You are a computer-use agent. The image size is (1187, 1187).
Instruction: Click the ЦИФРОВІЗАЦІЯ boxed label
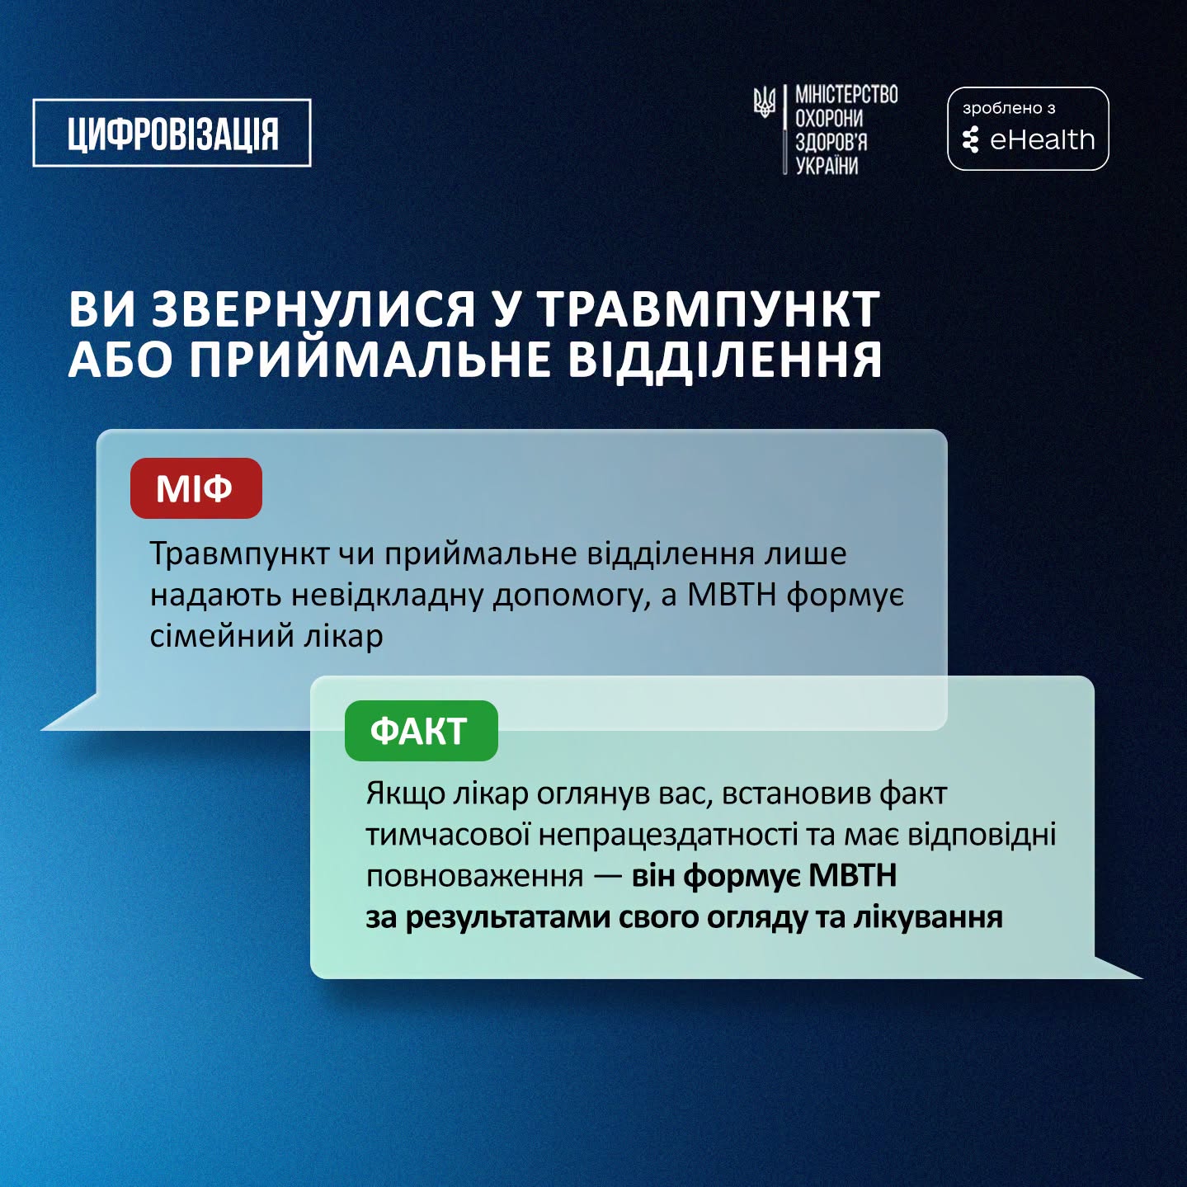click(172, 133)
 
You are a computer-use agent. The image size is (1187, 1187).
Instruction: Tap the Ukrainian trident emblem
click(765, 102)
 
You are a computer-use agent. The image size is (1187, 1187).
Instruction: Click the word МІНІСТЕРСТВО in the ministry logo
click(846, 95)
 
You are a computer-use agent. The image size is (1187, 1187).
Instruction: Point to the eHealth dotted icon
click(971, 140)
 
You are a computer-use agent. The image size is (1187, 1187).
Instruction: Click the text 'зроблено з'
click(1009, 108)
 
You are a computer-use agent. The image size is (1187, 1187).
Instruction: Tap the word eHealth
click(1043, 140)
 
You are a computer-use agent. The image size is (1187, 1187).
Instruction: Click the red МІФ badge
click(195, 488)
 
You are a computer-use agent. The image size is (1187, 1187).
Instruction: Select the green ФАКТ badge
click(422, 731)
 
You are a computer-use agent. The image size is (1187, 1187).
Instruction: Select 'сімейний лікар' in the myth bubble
click(266, 636)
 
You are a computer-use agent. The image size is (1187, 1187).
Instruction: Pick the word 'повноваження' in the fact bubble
click(474, 876)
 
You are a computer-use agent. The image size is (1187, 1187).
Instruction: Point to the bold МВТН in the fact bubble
click(852, 875)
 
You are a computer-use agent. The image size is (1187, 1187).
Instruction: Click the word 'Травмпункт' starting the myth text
click(239, 554)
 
